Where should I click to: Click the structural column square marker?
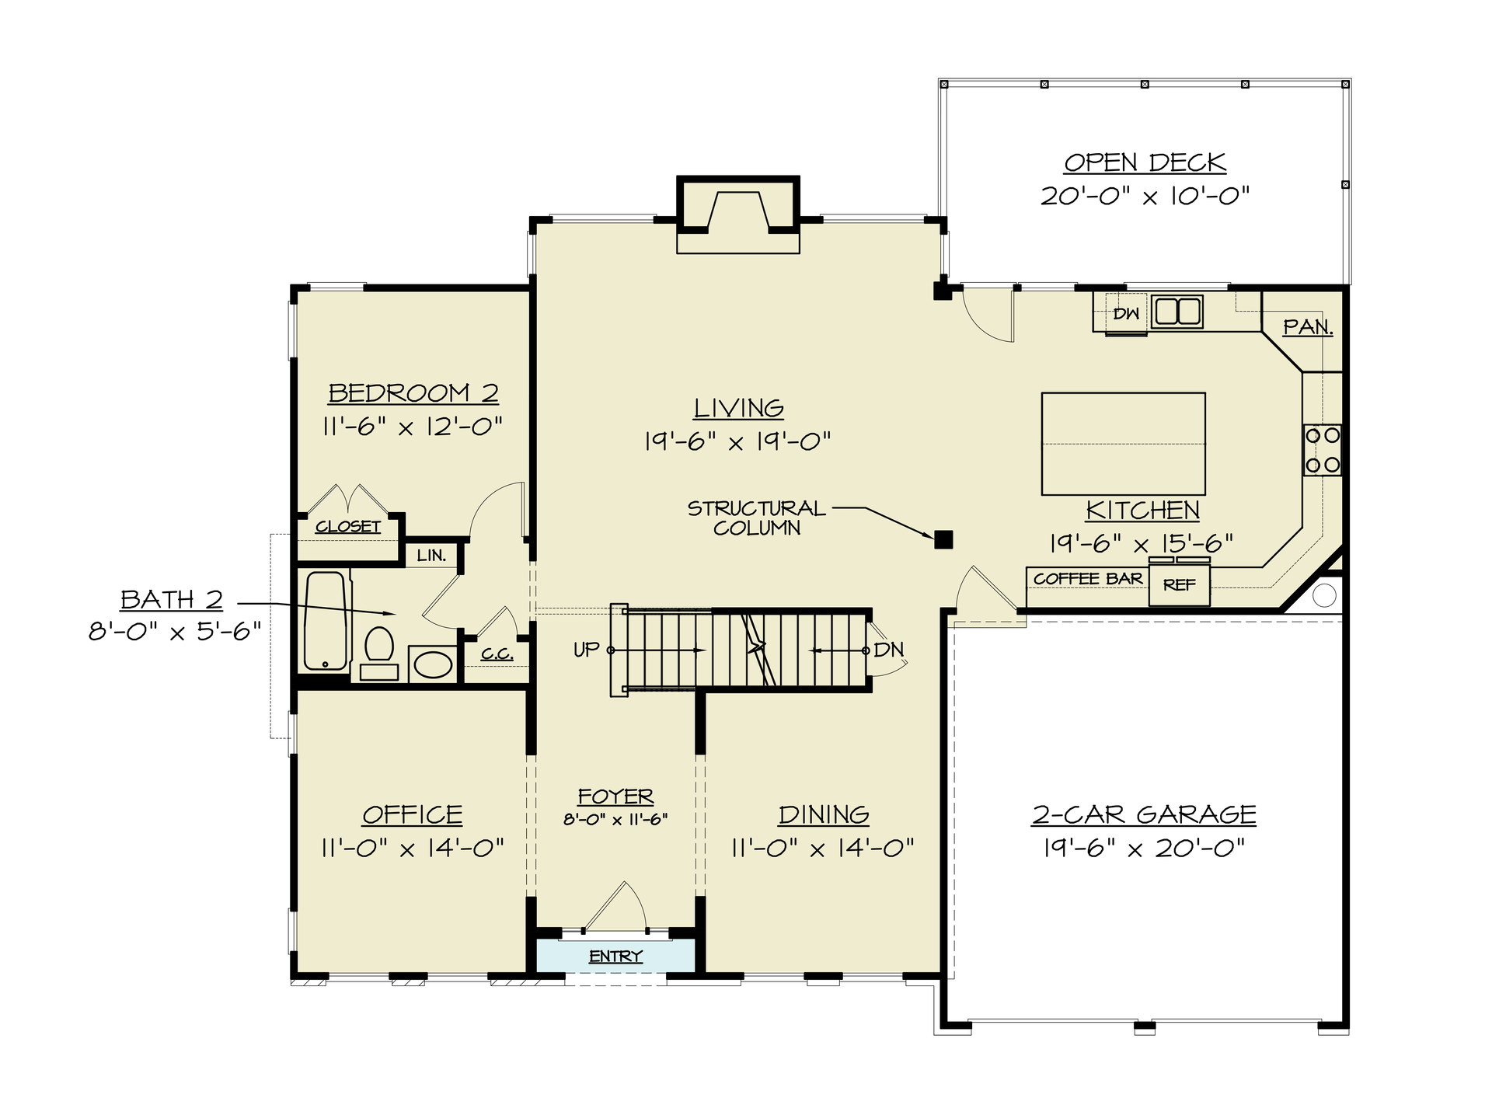pyautogui.click(x=943, y=539)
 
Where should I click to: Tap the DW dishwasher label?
pyautogui.click(x=1126, y=314)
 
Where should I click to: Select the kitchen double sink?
pyautogui.click(x=1177, y=312)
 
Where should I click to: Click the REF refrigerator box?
pyautogui.click(x=1179, y=585)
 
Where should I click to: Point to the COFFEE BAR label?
pyautogui.click(x=1087, y=579)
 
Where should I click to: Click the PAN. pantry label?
pyautogui.click(x=1308, y=327)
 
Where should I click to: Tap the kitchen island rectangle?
pyautogui.click(x=1123, y=444)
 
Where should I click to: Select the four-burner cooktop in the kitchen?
pyautogui.click(x=1322, y=450)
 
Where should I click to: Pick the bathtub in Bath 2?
pyautogui.click(x=325, y=621)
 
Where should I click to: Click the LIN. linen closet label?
pyautogui.click(x=431, y=556)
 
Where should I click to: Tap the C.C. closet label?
pyautogui.click(x=497, y=654)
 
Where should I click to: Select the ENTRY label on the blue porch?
pyautogui.click(x=615, y=957)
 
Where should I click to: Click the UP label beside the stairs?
pyautogui.click(x=587, y=650)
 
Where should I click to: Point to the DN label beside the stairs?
pyautogui.click(x=888, y=650)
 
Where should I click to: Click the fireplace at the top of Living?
pyautogui.click(x=738, y=210)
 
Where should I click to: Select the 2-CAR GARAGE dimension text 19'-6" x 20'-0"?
pyautogui.click(x=1144, y=848)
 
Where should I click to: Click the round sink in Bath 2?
pyautogui.click(x=432, y=664)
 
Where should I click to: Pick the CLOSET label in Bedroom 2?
pyautogui.click(x=348, y=527)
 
